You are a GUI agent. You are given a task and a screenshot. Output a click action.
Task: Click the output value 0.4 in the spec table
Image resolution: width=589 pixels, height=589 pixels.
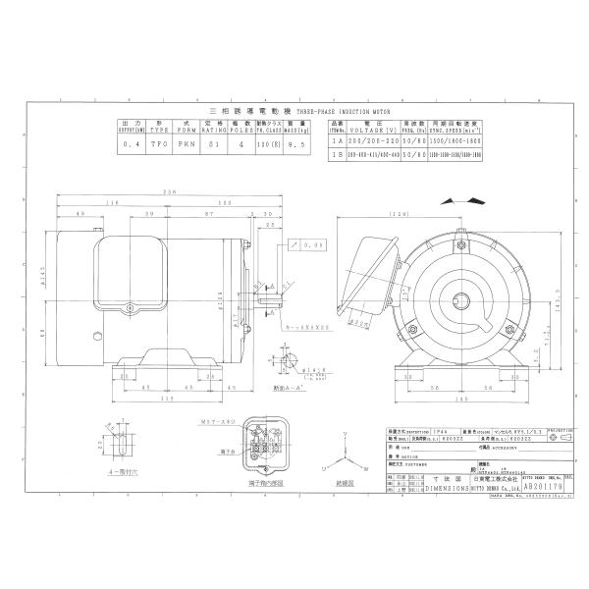click(134, 143)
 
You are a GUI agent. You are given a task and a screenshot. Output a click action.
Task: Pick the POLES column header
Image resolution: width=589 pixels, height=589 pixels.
click(241, 127)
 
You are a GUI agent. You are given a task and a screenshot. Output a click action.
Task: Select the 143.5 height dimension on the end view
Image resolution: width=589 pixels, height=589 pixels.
click(534, 305)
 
